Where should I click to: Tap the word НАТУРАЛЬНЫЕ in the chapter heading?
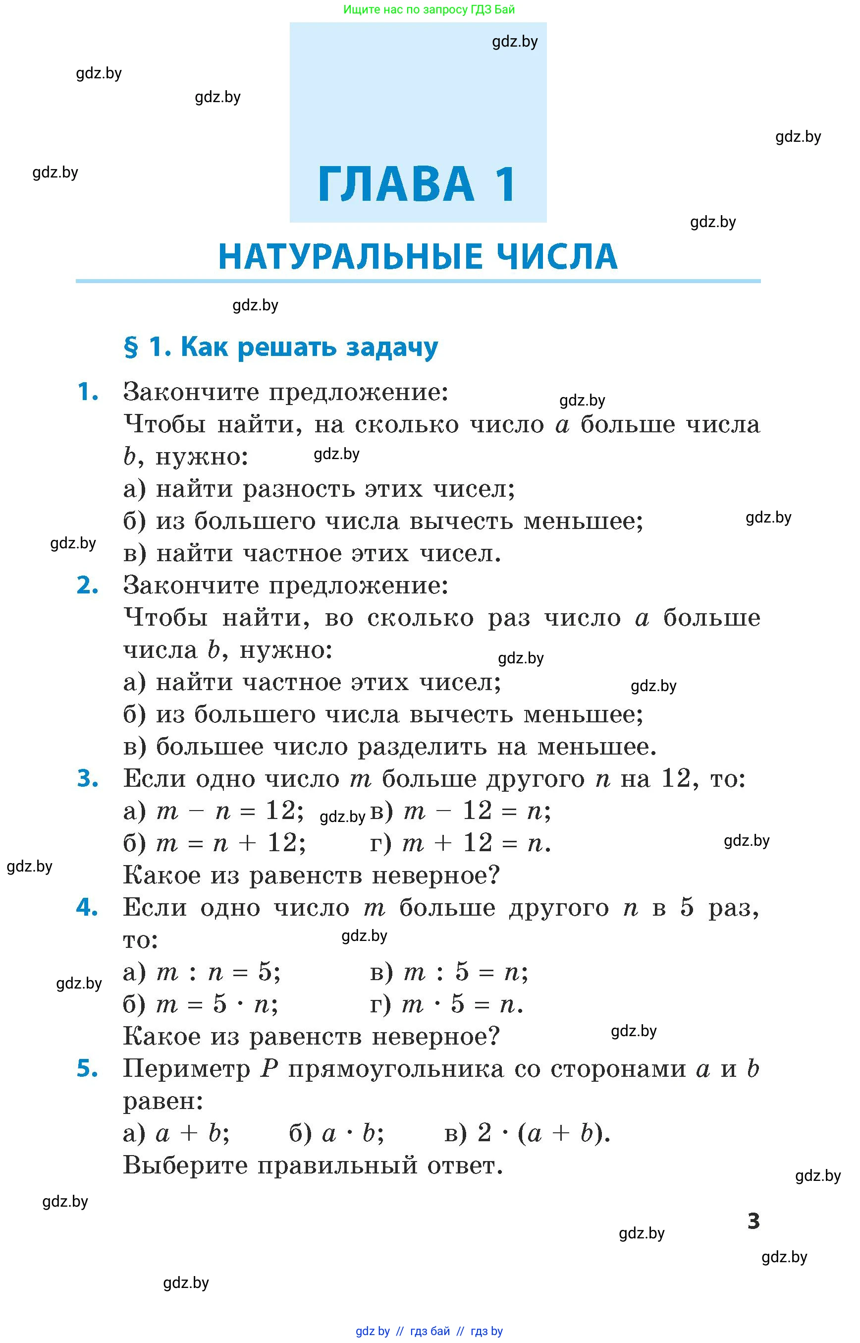point(350,257)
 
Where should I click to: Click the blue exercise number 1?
point(87,392)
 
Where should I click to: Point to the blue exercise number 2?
point(87,585)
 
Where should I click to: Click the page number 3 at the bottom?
point(753,1221)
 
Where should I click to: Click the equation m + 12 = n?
point(477,843)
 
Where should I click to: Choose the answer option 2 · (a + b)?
point(544,1133)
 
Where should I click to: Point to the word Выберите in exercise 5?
point(185,1166)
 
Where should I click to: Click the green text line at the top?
point(429,9)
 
